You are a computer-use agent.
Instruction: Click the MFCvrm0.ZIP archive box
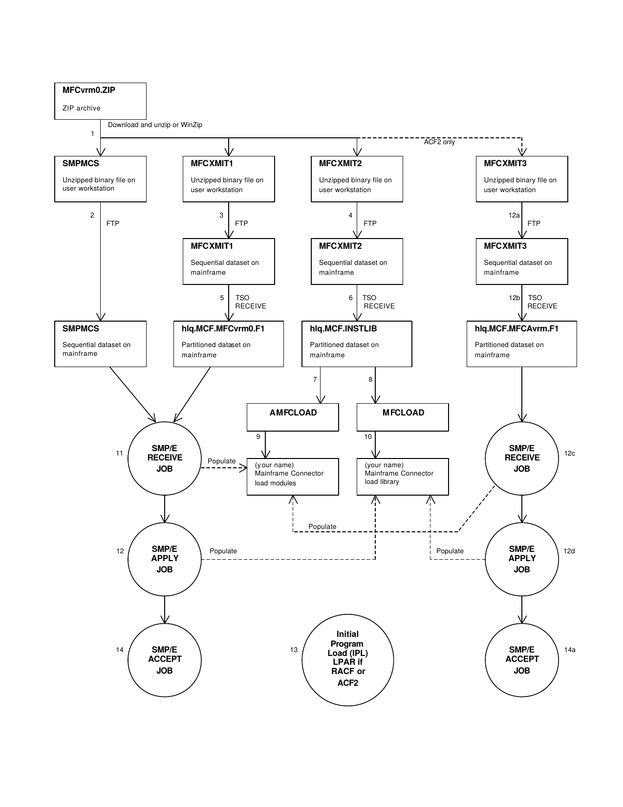100,101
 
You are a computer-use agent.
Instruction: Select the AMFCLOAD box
293,417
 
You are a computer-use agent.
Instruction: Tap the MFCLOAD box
403,417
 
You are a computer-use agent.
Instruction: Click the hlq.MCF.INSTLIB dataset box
357,344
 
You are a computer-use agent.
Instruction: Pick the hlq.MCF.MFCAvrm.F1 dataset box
522,344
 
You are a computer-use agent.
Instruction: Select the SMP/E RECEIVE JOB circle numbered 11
165,458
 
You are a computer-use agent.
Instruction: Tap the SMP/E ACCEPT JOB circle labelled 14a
522,660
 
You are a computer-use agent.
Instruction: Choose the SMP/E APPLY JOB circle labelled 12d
522,559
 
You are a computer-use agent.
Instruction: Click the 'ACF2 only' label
439,142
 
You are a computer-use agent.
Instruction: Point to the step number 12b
514,298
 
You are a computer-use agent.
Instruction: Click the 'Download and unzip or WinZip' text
155,125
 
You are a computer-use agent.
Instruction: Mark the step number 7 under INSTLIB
315,380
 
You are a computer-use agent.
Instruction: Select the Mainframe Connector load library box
403,477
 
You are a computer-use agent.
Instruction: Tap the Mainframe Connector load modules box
293,477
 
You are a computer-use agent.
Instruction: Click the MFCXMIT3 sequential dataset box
522,261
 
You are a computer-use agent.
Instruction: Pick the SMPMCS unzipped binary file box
100,178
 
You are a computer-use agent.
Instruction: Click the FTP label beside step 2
113,223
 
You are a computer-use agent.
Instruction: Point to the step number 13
294,650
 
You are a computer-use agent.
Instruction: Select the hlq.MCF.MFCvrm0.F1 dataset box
229,344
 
